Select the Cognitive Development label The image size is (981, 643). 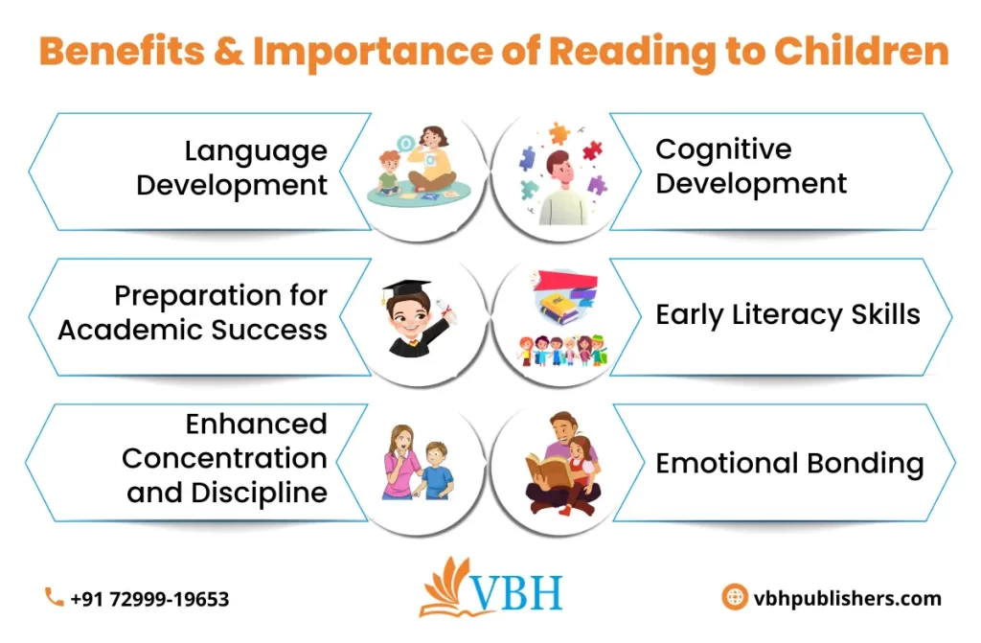(751, 166)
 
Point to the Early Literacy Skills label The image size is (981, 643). (787, 315)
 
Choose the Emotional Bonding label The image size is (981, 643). (789, 464)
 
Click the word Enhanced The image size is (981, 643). (257, 424)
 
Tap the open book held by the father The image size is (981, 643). (549, 471)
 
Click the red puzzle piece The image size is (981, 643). (593, 150)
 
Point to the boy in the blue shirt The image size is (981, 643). (437, 470)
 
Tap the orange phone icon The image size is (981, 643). (54, 598)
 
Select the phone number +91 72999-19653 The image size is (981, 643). (149, 599)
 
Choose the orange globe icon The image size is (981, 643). (735, 598)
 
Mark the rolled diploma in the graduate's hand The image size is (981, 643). (444, 310)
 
